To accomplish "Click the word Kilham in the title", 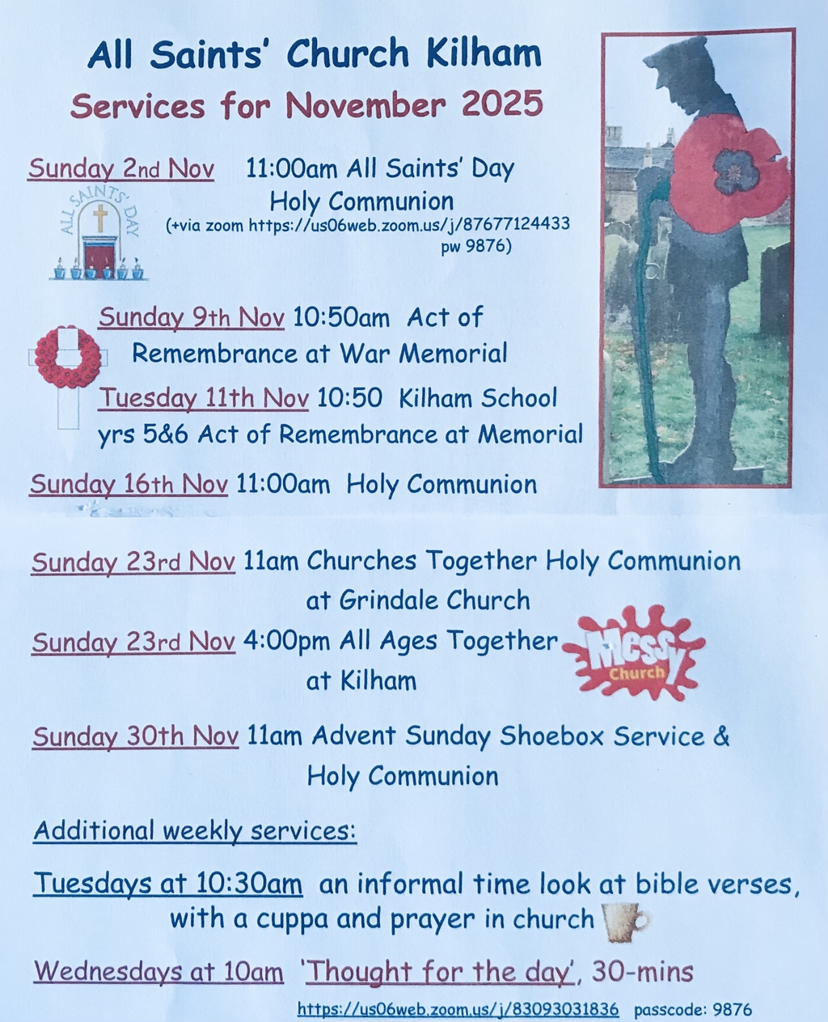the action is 484,53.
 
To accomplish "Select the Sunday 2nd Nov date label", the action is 120,169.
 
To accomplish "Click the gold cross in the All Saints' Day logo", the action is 100,218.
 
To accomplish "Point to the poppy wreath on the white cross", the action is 68,355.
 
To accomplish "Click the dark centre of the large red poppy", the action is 736,172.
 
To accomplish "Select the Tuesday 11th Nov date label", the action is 204,399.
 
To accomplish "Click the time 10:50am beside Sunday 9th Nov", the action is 341,318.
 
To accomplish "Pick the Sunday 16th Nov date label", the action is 129,485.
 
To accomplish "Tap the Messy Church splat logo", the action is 634,652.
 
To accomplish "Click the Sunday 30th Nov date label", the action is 136,736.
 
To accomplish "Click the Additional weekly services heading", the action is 195,831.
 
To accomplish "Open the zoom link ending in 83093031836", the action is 458,1009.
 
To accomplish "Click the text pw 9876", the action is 476,247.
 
